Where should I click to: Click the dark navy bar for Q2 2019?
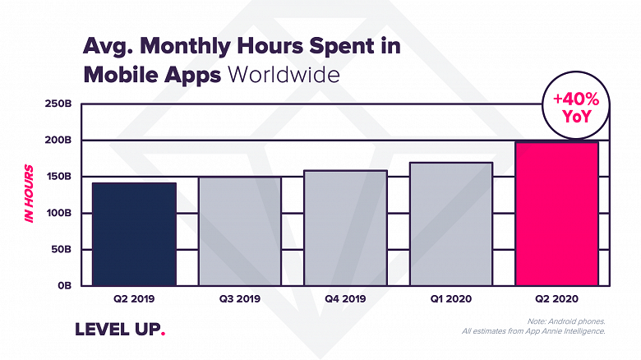[x=134, y=234]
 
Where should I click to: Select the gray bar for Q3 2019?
[x=240, y=231]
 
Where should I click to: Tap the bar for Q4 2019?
[x=345, y=228]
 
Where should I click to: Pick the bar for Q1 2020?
[x=450, y=224]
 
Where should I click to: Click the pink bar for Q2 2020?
[x=556, y=214]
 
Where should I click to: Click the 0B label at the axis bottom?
[x=65, y=285]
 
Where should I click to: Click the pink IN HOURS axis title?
[x=29, y=194]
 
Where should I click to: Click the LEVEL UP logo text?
[x=120, y=329]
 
